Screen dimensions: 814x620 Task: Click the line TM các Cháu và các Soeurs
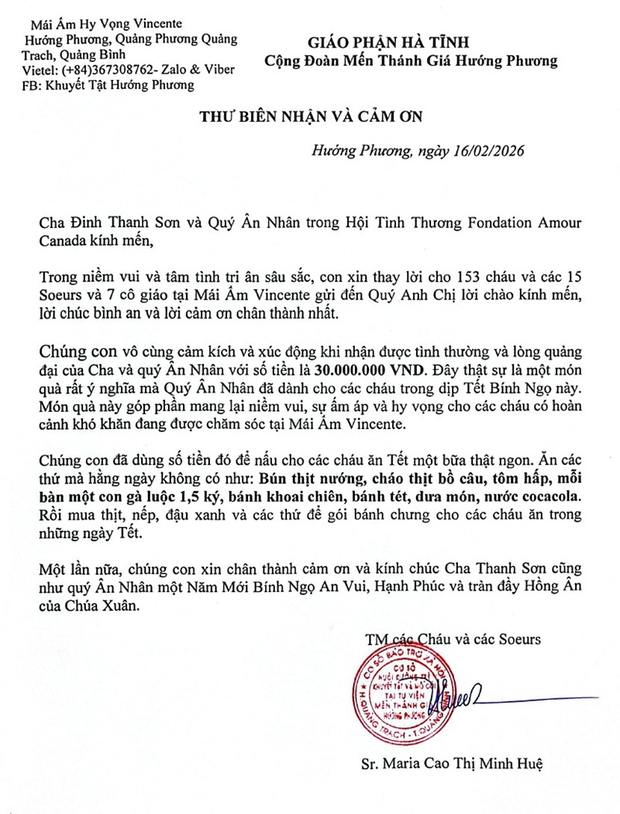453,639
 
